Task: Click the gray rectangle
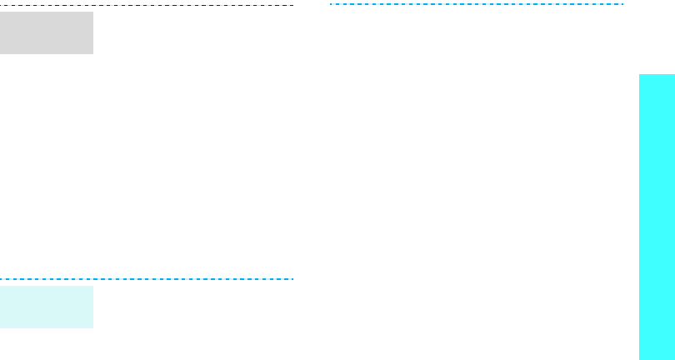point(47,32)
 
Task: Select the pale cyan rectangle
point(47,307)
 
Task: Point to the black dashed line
point(147,5)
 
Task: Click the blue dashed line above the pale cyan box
point(147,278)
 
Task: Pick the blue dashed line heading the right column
point(477,4)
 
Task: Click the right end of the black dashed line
point(293,5)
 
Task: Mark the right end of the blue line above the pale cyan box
point(293,278)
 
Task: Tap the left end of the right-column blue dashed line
point(331,4)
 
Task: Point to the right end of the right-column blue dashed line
point(622,4)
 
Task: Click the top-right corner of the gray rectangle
point(92,12)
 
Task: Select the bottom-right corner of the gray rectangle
point(92,53)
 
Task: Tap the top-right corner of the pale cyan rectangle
point(92,286)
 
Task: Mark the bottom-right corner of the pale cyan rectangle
point(92,327)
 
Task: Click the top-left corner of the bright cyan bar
point(640,74)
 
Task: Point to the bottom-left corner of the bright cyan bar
point(640,359)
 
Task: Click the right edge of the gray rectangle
point(92,32)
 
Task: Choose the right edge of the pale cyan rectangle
point(92,307)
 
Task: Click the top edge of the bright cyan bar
point(657,74)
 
